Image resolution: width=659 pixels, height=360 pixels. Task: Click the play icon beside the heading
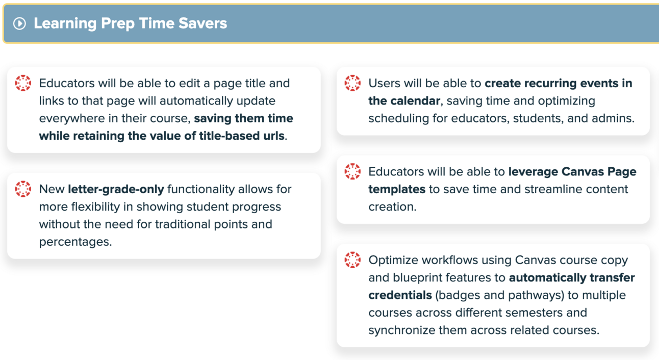(x=20, y=23)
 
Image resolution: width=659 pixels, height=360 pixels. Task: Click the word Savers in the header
(x=202, y=23)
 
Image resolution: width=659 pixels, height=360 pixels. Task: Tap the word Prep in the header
(x=118, y=24)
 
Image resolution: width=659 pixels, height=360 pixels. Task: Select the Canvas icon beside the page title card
(x=23, y=83)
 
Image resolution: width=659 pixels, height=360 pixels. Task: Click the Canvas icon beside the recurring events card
(x=352, y=83)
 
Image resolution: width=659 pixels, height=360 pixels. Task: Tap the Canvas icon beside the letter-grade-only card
(x=23, y=189)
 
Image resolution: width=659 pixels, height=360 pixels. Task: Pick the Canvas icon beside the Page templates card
(x=352, y=171)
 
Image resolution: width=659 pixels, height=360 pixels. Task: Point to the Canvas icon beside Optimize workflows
(x=352, y=260)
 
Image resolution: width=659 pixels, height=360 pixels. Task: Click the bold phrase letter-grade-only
(x=116, y=189)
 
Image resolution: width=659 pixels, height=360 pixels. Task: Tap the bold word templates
(x=397, y=190)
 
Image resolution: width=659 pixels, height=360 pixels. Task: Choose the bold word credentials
(x=400, y=295)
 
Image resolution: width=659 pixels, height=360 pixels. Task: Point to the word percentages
(x=75, y=242)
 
